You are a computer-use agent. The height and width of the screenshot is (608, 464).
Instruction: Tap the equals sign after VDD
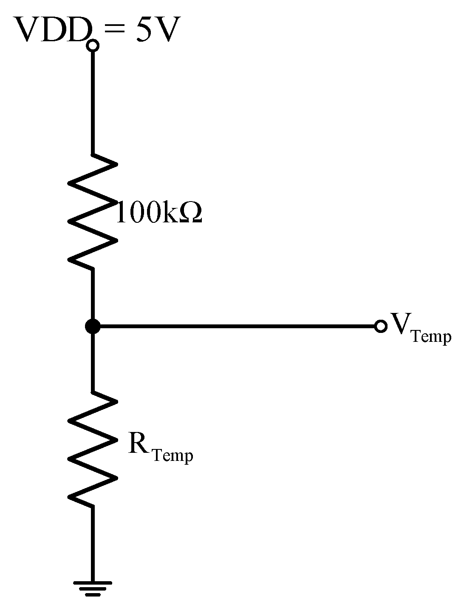(x=114, y=31)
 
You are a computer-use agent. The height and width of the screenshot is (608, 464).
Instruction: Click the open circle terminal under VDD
(x=93, y=45)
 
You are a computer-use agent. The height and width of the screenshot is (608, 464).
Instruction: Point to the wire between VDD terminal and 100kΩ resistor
(x=92, y=102)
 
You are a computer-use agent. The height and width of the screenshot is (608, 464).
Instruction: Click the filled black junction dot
(x=92, y=327)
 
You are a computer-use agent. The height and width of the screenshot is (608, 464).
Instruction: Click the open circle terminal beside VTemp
(x=381, y=327)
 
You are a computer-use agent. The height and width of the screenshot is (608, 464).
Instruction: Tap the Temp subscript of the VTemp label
(x=431, y=337)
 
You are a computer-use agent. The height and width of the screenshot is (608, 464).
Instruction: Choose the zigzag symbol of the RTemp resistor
(x=92, y=449)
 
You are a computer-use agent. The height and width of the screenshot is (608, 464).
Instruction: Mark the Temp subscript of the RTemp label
(x=172, y=456)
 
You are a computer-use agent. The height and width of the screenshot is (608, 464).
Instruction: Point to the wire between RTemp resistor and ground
(x=92, y=544)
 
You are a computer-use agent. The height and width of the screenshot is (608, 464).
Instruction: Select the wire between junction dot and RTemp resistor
(x=92, y=361)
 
